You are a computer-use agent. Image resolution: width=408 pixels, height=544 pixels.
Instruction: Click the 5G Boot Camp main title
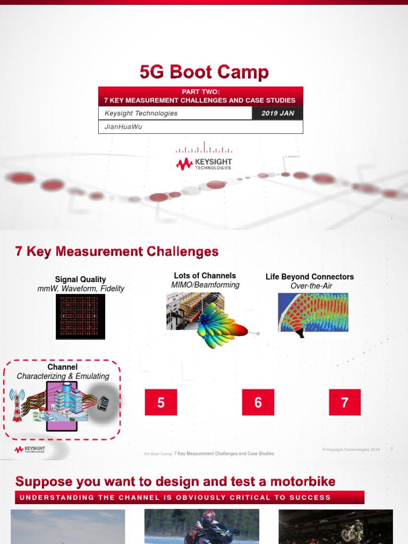point(204,72)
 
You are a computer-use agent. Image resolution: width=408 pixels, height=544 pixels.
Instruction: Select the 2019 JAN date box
point(277,113)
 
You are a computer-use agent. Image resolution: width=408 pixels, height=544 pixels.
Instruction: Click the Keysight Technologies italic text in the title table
point(141,113)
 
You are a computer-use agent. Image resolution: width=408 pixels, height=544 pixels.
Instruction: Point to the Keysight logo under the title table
point(204,162)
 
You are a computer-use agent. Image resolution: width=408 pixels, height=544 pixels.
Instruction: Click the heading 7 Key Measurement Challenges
point(117,251)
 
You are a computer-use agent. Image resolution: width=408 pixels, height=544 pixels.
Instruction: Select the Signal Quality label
point(81,279)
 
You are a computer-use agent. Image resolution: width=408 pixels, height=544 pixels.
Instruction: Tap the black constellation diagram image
point(81,316)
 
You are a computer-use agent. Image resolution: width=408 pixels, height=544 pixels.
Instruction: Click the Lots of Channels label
point(205,276)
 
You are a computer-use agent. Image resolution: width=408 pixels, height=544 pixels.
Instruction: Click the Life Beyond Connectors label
point(310,277)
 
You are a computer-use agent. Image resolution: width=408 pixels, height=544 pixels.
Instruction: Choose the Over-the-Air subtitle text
point(311,286)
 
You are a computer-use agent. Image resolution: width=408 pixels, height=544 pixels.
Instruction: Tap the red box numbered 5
point(161,402)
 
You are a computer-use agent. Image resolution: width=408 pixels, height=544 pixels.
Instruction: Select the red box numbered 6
point(258,402)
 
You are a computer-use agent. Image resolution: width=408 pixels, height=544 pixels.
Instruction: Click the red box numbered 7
point(345,402)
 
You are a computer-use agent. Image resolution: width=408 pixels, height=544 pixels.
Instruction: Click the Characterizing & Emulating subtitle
point(63,376)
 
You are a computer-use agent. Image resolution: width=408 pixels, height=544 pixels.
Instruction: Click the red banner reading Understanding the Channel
point(190,498)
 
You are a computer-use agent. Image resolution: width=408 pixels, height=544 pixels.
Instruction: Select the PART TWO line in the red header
point(200,92)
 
